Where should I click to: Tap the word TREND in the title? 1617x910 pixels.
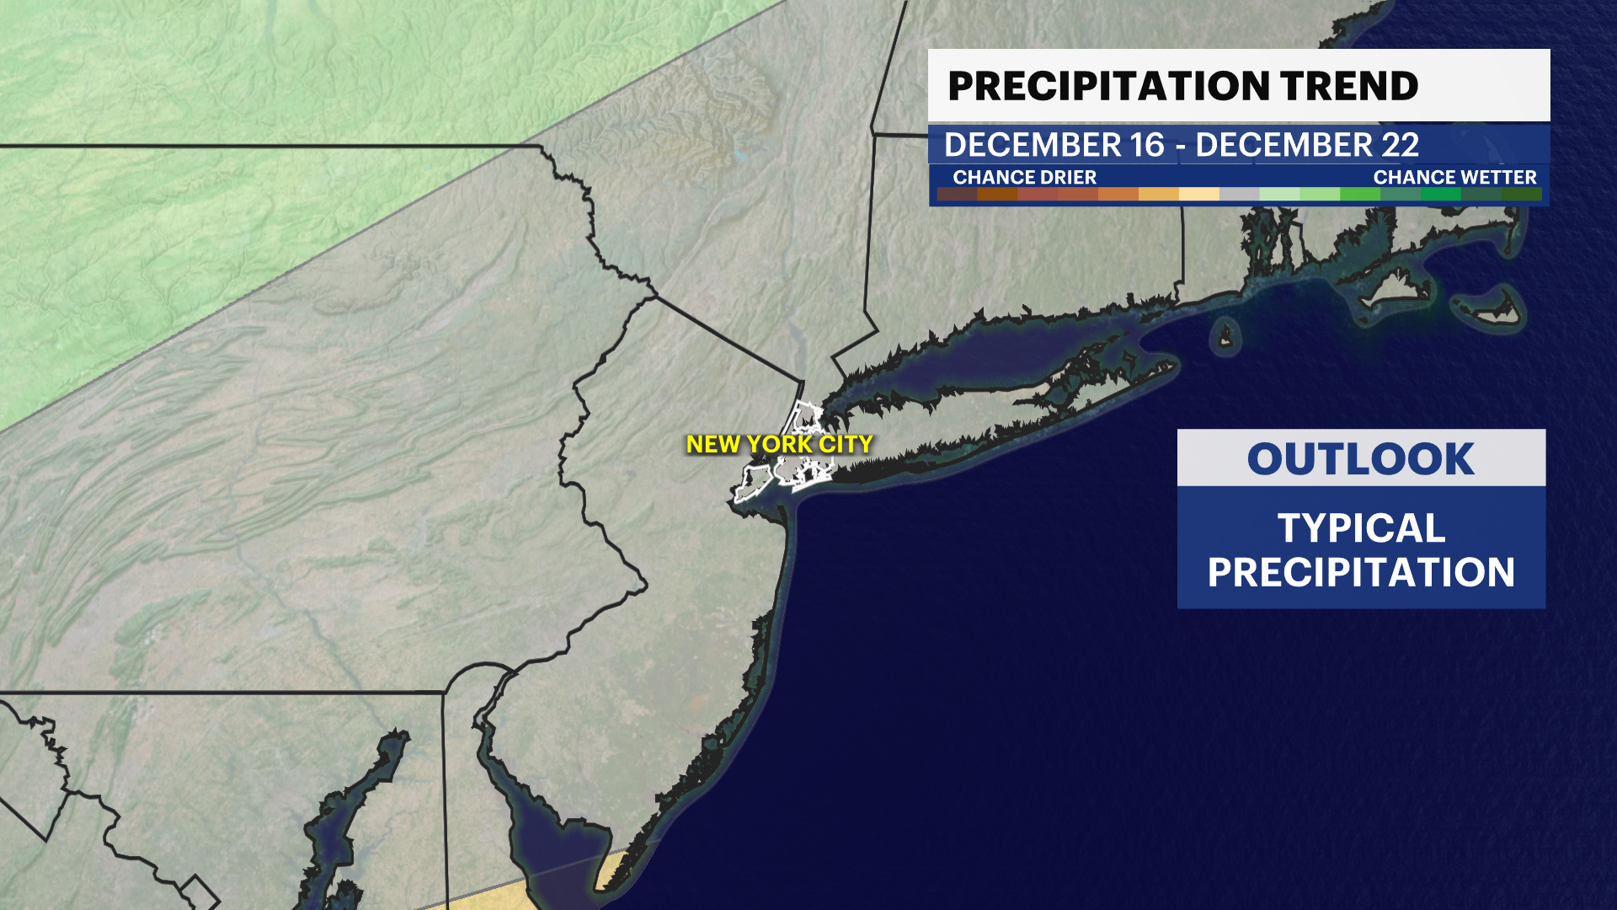click(1349, 86)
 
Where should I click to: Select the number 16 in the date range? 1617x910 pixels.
click(1147, 145)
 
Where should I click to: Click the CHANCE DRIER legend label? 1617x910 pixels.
click(1024, 177)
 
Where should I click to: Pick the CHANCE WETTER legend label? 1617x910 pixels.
click(1454, 177)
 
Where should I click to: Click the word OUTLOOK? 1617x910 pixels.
click(1360, 459)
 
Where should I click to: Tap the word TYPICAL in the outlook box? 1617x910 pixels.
click(1361, 528)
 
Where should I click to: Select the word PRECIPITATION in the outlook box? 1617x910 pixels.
click(1361, 573)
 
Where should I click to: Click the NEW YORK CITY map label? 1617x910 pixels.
click(779, 444)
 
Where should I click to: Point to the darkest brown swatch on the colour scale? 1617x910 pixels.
click(957, 194)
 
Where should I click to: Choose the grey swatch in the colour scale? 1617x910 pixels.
click(1239, 194)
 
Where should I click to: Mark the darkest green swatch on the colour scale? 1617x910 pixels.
click(1521, 194)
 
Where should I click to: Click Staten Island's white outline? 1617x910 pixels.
click(752, 483)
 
